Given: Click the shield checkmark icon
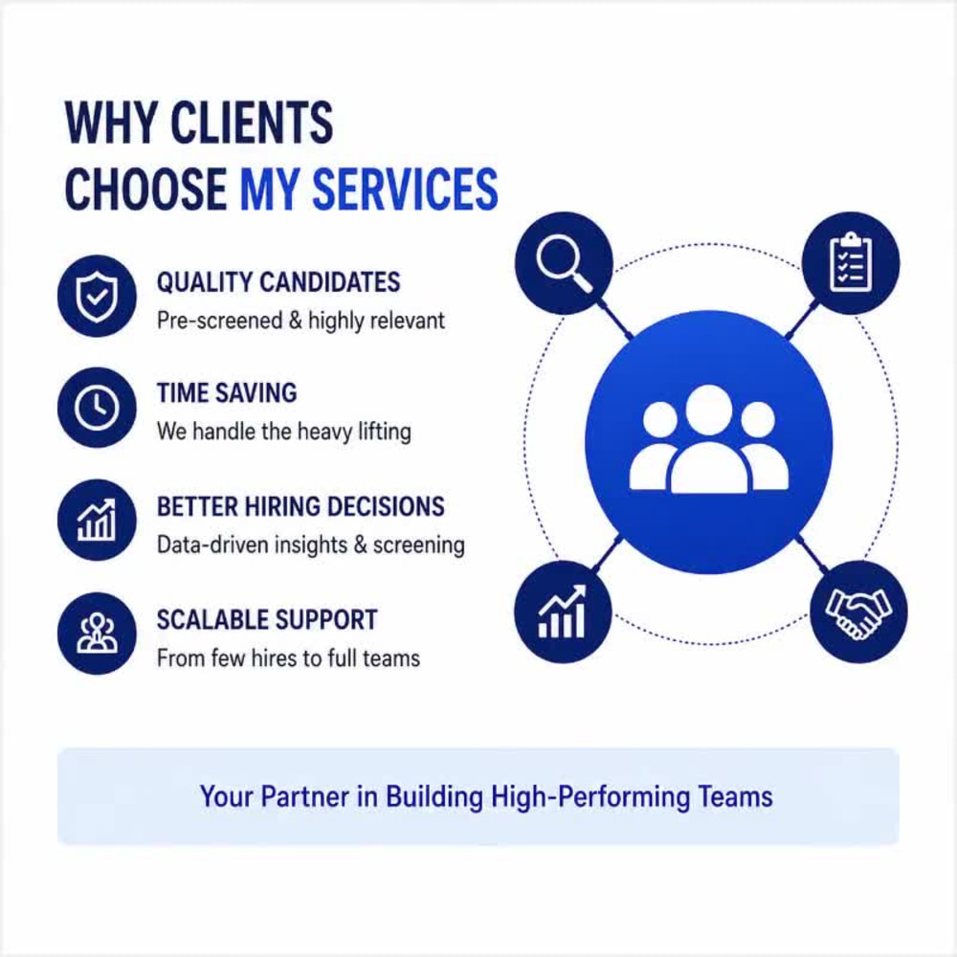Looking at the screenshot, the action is [97, 296].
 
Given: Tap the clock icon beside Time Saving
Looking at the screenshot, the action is [97, 407].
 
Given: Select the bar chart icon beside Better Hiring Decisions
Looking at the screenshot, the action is [97, 520].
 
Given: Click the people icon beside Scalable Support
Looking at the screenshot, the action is [97, 633].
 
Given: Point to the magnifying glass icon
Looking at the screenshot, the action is [564, 264].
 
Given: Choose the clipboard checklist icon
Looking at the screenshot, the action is [850, 263].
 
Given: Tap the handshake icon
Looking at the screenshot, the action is [858, 612].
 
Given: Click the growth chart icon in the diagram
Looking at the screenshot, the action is [563, 612].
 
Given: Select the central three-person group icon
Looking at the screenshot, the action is [708, 439].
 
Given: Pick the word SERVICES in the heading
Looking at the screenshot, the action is [405, 189].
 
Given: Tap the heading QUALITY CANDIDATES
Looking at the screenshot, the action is [278, 282].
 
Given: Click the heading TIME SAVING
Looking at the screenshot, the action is [227, 393].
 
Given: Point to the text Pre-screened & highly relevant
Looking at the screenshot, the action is [300, 321].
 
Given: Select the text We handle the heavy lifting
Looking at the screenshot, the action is [284, 432].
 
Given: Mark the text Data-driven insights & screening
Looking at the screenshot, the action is [311, 545].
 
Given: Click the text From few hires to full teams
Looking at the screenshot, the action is [288, 658].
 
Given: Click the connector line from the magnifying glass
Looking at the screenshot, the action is [615, 319].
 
